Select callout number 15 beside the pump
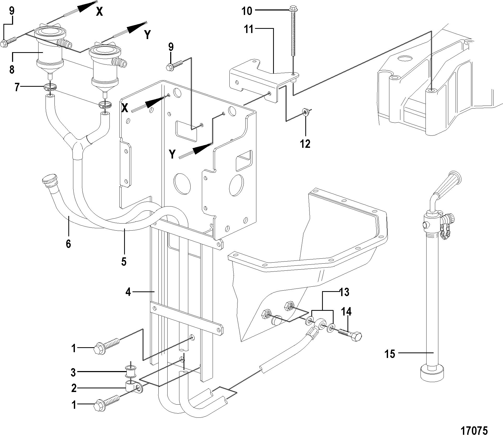tap(389, 354)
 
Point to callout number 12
tap(305, 144)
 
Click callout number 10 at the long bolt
tap(246, 11)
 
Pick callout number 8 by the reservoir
tap(12, 70)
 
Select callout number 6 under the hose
tap(68, 244)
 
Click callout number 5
tap(124, 261)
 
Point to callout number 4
tap(128, 292)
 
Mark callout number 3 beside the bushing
tap(73, 372)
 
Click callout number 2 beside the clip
tap(74, 388)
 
